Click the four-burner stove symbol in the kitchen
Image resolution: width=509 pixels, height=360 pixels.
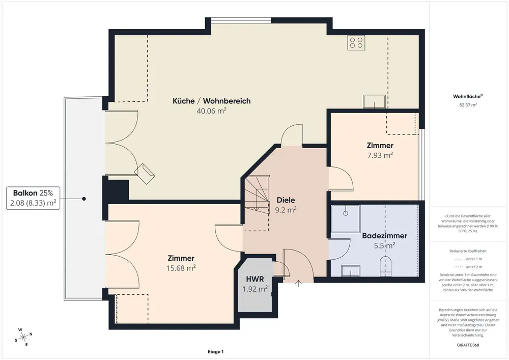[356, 43]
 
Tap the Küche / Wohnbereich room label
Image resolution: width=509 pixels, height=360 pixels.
[212, 101]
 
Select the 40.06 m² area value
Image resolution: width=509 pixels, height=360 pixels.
[211, 110]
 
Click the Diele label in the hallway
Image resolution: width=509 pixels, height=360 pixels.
[286, 200]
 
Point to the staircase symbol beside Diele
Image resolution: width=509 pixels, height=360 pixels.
[257, 195]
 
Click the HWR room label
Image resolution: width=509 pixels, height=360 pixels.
[255, 279]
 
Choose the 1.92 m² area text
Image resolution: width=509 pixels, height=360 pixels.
[255, 289]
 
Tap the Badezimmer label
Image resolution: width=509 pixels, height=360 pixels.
[385, 236]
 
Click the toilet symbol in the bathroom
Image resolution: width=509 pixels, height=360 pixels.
[386, 265]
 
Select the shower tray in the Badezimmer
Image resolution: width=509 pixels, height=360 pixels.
[346, 218]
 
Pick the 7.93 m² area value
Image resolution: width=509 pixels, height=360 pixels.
[380, 155]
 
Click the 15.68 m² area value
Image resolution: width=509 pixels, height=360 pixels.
[181, 268]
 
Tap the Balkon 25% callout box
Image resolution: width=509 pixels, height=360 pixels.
[33, 198]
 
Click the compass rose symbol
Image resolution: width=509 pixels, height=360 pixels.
[23, 338]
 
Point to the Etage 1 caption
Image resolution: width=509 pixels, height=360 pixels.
[215, 351]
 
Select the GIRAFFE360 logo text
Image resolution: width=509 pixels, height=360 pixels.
[468, 345]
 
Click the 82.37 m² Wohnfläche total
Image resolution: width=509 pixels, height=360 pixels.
[468, 105]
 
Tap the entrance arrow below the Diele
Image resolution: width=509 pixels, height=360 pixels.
[298, 283]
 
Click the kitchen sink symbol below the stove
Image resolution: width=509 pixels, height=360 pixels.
[375, 102]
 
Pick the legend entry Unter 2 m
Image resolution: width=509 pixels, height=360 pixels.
[468, 267]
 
